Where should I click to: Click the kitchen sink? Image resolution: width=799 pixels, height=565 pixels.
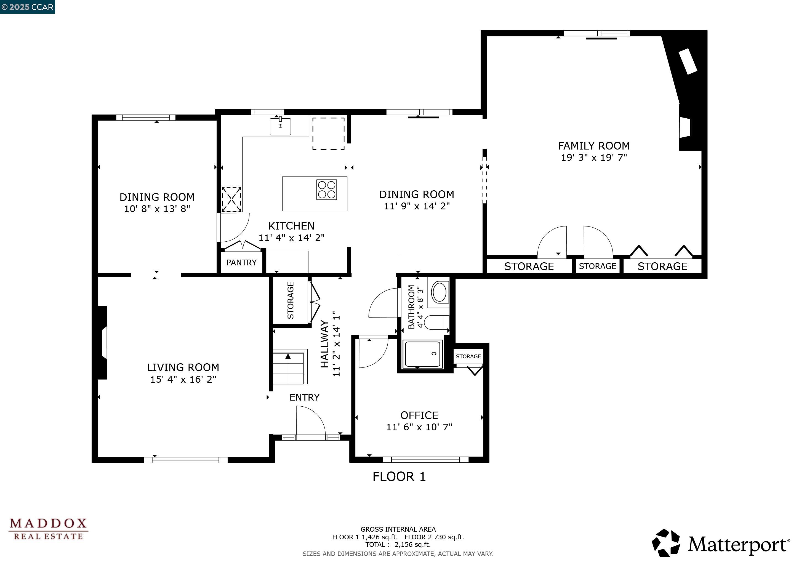[x=280, y=127]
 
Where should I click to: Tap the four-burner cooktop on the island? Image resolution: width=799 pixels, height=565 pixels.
[x=326, y=190]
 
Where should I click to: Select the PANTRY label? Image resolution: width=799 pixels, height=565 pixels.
[x=241, y=263]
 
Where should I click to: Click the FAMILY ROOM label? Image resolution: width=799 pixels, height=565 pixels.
[x=594, y=146]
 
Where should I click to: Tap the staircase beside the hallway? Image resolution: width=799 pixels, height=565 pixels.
[x=289, y=367]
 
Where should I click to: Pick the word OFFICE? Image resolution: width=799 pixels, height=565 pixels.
[x=419, y=415]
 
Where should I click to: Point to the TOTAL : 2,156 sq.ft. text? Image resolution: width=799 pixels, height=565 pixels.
[x=398, y=545]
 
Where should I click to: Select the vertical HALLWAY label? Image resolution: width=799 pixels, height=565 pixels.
[x=324, y=344]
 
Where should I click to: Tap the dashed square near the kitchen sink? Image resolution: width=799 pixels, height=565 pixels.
[x=328, y=134]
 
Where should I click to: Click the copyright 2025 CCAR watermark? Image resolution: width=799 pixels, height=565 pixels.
[x=28, y=7]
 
